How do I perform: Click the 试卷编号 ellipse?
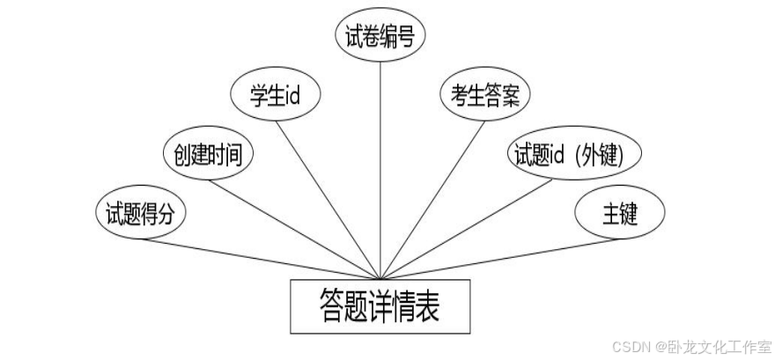[381, 36]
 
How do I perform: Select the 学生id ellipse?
[274, 95]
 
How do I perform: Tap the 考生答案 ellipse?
[485, 95]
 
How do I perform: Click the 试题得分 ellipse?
[140, 213]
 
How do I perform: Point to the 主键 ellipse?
[619, 214]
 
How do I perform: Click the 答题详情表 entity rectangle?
[380, 305]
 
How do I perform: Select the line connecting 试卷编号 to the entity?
[380, 167]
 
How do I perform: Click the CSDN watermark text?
[630, 345]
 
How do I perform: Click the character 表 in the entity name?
[425, 305]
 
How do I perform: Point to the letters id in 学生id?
[292, 95]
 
